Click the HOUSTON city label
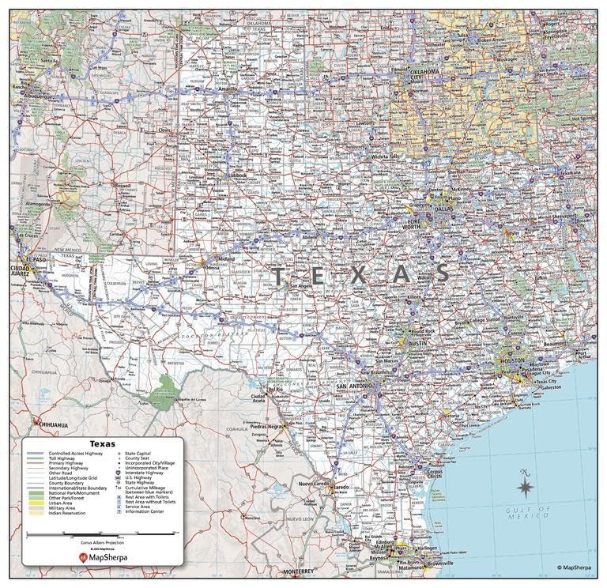point(512,360)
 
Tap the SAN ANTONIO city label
point(353,386)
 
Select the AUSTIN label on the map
point(418,343)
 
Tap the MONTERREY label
point(300,571)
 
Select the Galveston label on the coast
point(551,387)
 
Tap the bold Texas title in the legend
point(102,443)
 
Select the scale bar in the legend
point(102,535)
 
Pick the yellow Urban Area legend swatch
point(36,503)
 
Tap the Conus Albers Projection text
point(102,543)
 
